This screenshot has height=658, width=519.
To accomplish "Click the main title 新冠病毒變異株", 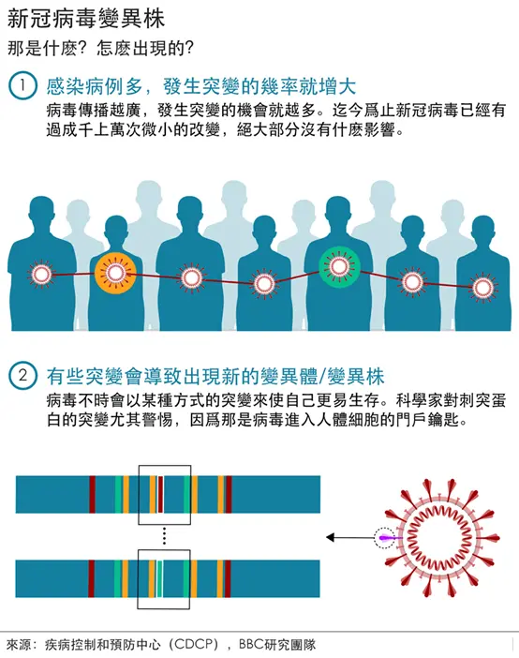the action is [x=86, y=19].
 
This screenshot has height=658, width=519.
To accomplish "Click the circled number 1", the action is [x=22, y=85].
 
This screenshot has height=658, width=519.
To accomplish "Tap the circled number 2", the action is [x=22, y=375].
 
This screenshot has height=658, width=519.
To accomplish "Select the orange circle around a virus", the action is [x=115, y=273].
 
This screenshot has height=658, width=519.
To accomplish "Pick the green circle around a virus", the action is [x=339, y=266].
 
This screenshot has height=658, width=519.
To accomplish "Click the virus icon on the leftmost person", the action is [x=41, y=275].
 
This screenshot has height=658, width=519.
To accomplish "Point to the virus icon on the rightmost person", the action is [x=482, y=288].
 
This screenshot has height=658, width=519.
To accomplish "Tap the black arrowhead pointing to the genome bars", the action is [x=331, y=537].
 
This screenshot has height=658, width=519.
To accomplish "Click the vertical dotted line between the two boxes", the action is [x=165, y=537].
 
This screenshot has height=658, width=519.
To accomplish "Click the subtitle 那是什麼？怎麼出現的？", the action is [x=101, y=49].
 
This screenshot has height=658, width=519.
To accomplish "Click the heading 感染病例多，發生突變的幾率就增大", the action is [x=201, y=86].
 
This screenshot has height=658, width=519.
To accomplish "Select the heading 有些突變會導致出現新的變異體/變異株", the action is [x=215, y=375].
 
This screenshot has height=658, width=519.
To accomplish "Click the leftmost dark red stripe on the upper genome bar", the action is [x=93, y=494].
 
